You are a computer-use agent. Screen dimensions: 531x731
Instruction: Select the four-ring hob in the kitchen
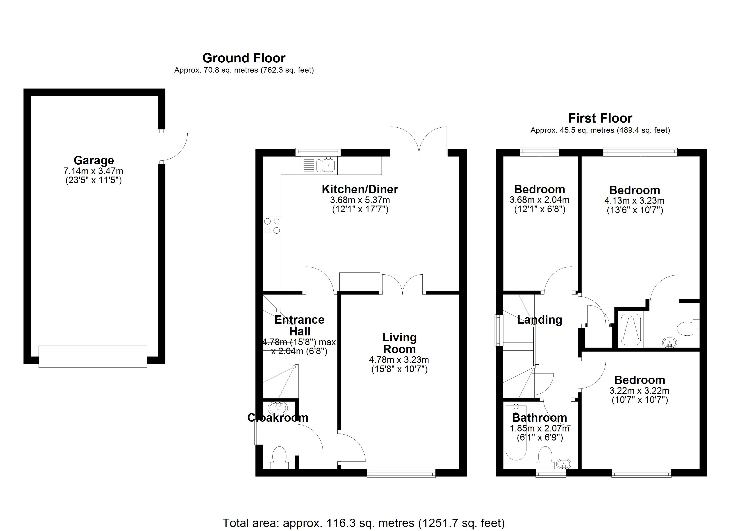click(272, 226)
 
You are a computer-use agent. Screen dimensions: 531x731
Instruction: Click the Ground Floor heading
click(244, 58)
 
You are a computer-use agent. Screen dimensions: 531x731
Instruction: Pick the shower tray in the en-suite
click(631, 329)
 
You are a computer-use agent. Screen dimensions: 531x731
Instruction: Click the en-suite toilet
click(688, 329)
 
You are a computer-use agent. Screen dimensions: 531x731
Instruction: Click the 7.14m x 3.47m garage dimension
click(93, 171)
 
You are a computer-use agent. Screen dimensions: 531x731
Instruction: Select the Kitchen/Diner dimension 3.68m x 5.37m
click(360, 200)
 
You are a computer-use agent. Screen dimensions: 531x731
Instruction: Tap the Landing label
click(540, 320)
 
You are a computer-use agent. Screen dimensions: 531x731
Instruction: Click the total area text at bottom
click(363, 523)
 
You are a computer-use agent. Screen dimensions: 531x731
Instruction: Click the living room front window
click(401, 473)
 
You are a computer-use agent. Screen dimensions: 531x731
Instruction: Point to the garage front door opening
click(93, 356)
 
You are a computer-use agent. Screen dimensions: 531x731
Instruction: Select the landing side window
click(499, 330)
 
